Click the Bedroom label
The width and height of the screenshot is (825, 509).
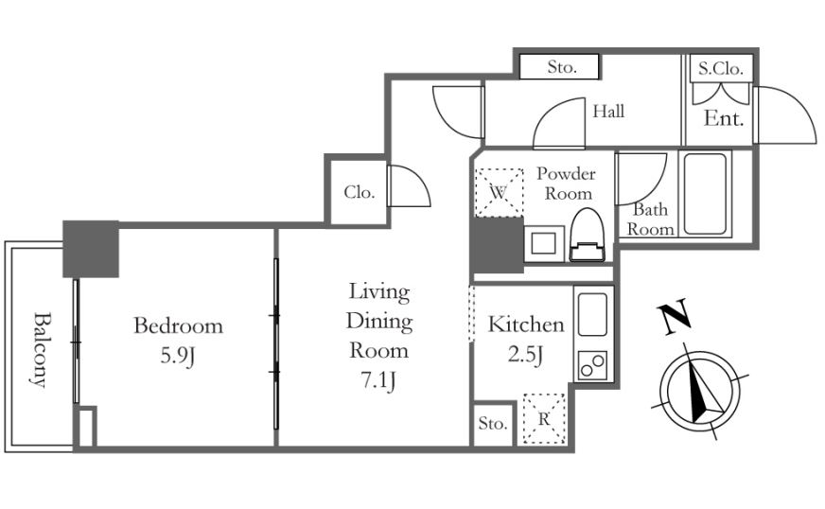coord(178,325)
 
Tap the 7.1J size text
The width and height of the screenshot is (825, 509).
coord(378,380)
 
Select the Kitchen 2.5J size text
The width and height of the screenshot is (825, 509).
coord(525,355)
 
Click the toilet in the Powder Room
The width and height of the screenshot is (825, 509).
coord(588,235)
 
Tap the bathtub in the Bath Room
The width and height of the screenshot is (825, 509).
coord(705,193)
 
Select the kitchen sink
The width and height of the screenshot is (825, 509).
coord(592,314)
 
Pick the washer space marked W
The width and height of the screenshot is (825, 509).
coord(499,192)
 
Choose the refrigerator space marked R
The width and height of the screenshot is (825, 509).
coord(543,419)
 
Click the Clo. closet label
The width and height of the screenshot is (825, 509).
coord(360,192)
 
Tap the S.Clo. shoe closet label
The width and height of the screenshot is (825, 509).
coord(721,68)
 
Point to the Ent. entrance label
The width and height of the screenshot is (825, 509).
coord(724,118)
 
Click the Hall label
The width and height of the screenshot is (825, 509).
coord(608,111)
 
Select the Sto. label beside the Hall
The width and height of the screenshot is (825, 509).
coord(559,67)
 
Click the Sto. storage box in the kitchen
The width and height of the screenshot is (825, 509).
coord(493,424)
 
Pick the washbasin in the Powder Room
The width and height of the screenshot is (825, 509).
coord(544,243)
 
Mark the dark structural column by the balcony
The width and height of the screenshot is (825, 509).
coord(91,249)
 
